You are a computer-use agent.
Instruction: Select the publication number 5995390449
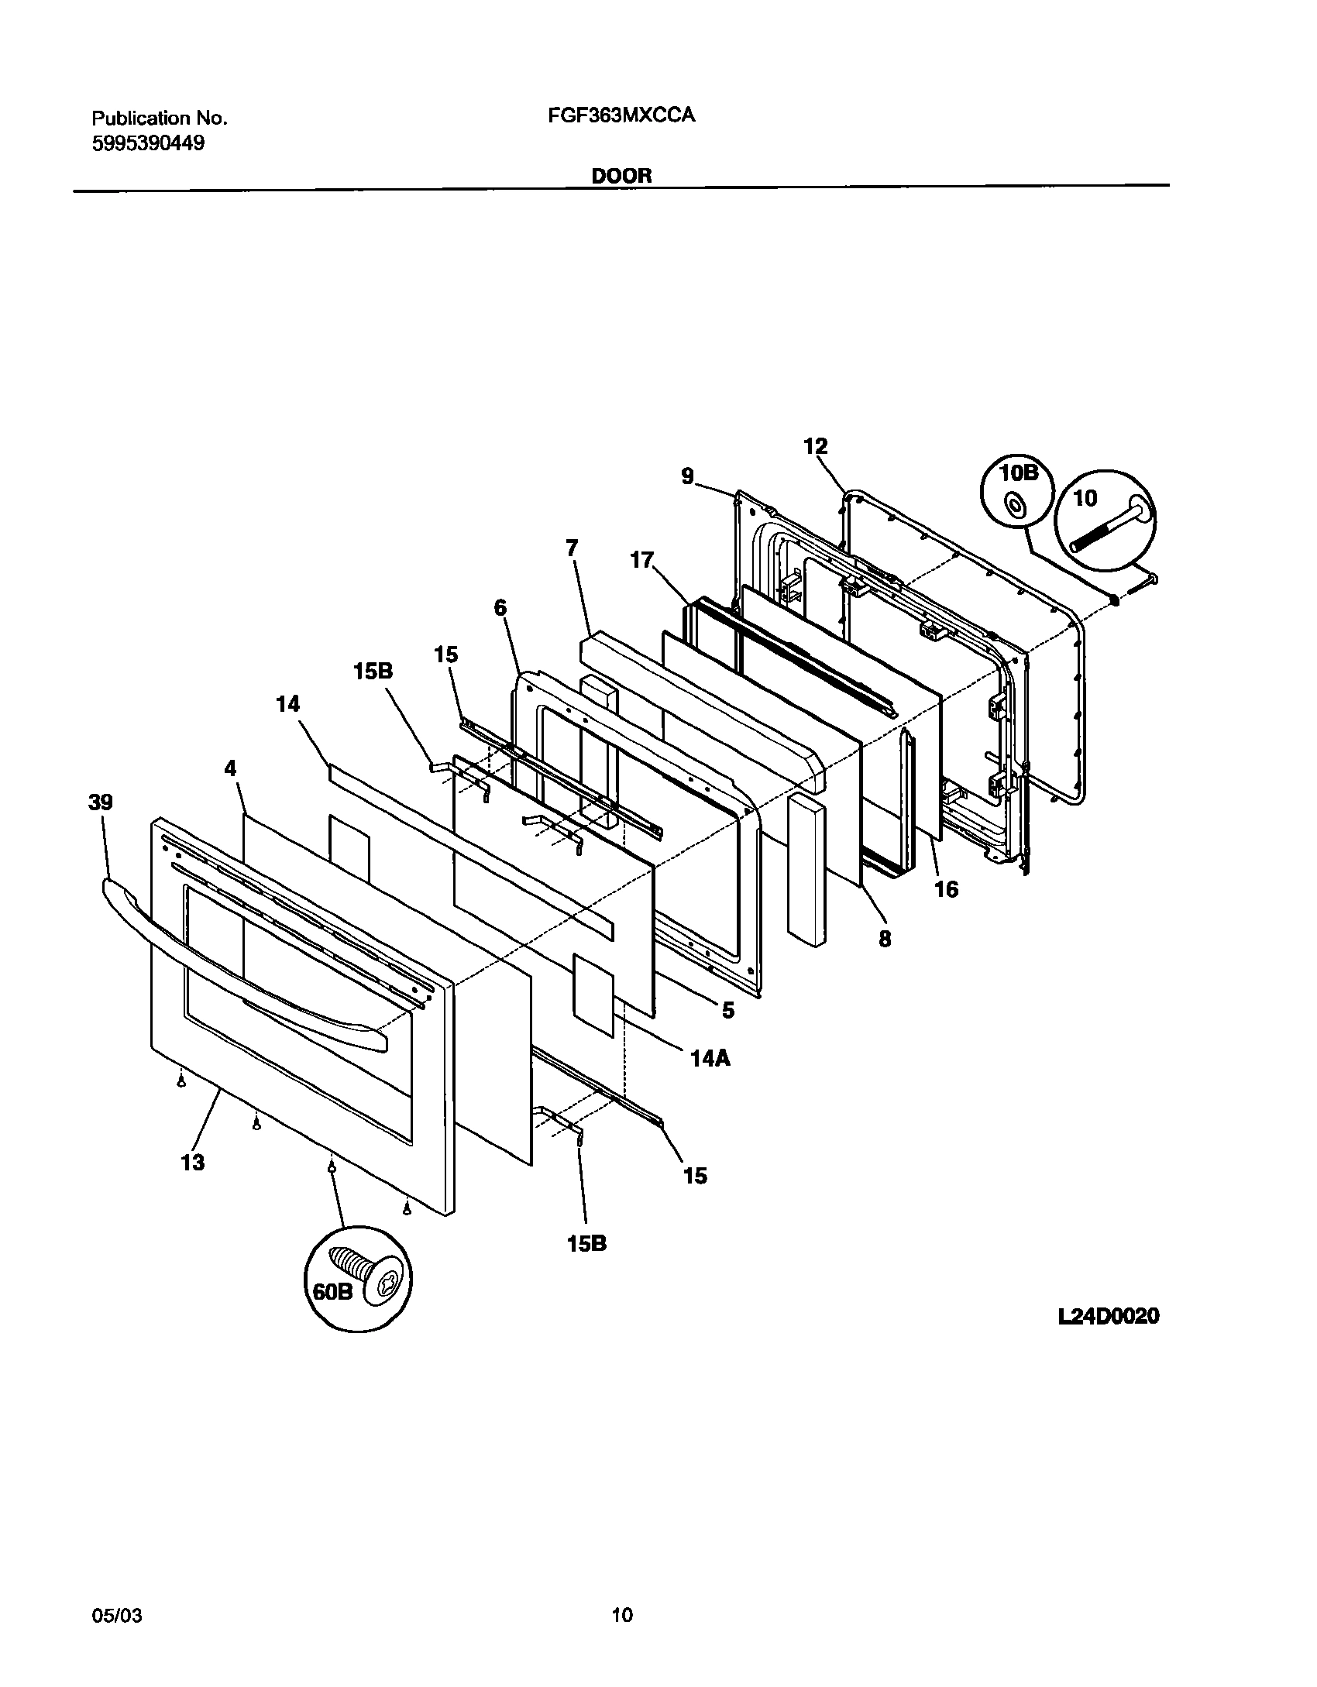148,143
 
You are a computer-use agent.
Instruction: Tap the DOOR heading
621,176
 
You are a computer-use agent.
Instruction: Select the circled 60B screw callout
358,1278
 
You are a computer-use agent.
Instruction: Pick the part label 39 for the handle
100,802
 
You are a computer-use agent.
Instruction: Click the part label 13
193,1162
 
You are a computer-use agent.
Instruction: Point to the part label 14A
710,1057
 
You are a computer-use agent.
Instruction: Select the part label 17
641,560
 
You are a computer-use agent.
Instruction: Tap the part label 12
815,446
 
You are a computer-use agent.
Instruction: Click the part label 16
946,889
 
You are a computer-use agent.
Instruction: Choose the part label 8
884,939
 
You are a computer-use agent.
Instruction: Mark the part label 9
687,476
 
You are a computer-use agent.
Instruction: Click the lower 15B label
586,1243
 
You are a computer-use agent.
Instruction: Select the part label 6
500,608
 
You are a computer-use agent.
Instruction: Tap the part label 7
572,548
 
